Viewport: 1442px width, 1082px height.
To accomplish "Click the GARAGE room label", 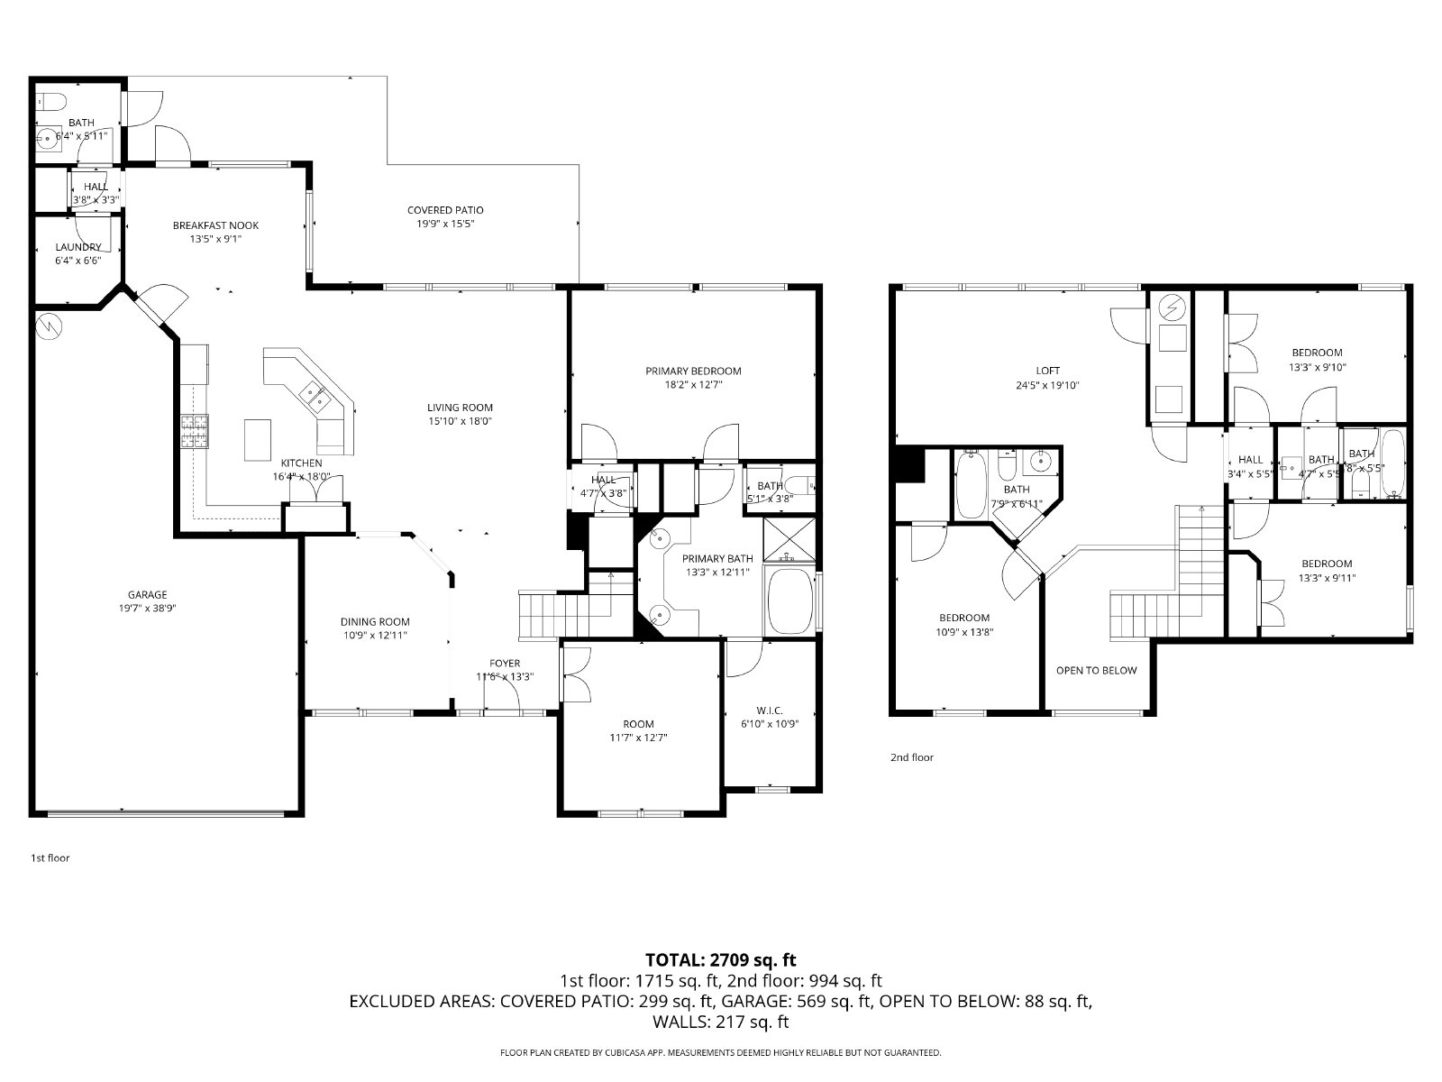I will coord(147,594).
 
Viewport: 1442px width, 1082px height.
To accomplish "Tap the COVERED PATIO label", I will coord(445,210).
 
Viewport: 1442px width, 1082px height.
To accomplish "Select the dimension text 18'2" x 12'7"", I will coord(693,384).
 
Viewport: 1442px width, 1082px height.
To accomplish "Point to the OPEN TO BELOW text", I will coord(1096,670).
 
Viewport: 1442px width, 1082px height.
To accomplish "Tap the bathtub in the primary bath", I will coord(789,602).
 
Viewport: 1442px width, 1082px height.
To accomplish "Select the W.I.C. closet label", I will coord(769,710).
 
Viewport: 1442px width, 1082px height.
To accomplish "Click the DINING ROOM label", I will coord(375,621).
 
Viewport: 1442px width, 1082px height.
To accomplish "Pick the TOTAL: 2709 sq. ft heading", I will coord(721,959).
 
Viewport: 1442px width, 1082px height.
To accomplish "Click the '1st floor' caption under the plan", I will coord(50,857).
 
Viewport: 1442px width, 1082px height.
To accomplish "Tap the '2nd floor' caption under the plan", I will coord(912,757).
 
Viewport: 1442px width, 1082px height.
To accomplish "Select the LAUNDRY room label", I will coord(78,246).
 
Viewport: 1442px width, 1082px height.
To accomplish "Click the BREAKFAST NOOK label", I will coord(215,225).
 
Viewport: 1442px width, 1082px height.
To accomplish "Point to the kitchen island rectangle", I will coord(258,439).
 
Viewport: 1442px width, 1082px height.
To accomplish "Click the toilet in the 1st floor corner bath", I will coord(50,100).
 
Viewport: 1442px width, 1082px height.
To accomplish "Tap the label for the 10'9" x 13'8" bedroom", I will coord(964,618).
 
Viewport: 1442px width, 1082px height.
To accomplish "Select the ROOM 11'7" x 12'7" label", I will coord(638,723).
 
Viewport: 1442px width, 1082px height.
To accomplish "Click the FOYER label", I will coord(505,664).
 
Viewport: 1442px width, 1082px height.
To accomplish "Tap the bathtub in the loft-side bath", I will coord(972,484).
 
